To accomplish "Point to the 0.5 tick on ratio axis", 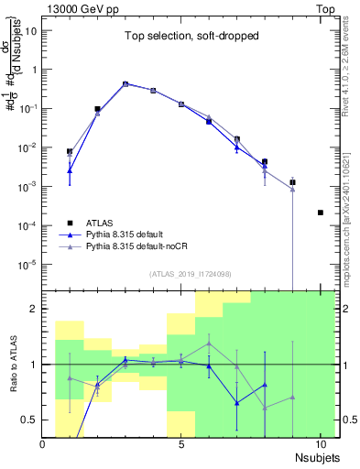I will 29,420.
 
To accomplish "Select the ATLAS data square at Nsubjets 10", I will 320,213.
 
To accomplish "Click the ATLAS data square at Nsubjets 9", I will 292,182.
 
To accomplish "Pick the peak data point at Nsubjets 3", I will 125,83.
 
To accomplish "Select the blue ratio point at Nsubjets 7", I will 236,402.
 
